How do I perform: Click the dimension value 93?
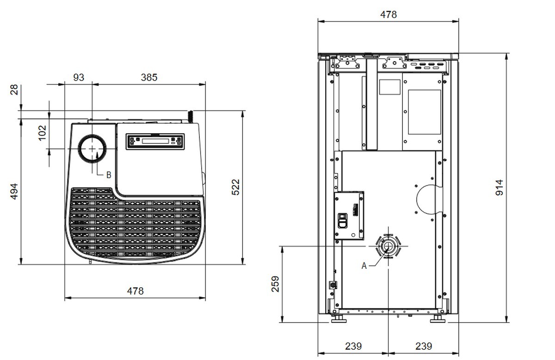click(x=79, y=77)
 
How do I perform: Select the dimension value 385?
click(x=149, y=77)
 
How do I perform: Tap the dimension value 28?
click(x=14, y=89)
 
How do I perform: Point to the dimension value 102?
click(x=42, y=133)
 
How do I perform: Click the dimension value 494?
click(x=14, y=192)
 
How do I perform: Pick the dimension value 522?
click(x=236, y=186)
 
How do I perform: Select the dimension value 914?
click(x=499, y=187)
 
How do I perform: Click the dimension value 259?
click(x=275, y=283)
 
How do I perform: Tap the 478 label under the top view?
click(x=135, y=291)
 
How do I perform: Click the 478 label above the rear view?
click(x=388, y=14)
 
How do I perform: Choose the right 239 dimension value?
click(x=424, y=346)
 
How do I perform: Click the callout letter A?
click(x=364, y=266)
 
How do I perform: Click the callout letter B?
click(x=108, y=175)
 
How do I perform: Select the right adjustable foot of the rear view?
click(x=437, y=319)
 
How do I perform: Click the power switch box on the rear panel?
click(x=349, y=216)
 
